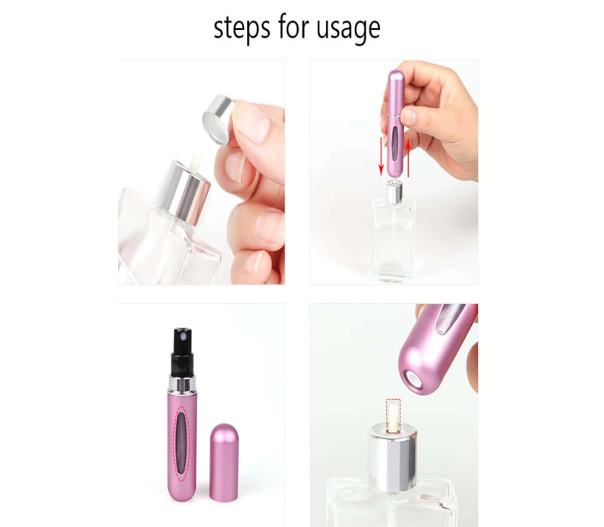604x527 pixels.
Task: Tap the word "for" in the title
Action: pyautogui.click(x=293, y=27)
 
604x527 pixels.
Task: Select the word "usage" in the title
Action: pyautogui.click(x=348, y=29)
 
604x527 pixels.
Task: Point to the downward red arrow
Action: pyautogui.click(x=381, y=156)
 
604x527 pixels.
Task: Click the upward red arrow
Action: pyautogui.click(x=408, y=157)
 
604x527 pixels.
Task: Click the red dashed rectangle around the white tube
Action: pyautogui.click(x=393, y=416)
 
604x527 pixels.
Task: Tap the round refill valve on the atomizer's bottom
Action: pyautogui.click(x=414, y=379)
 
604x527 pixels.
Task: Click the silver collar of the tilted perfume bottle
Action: pyautogui.click(x=187, y=192)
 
